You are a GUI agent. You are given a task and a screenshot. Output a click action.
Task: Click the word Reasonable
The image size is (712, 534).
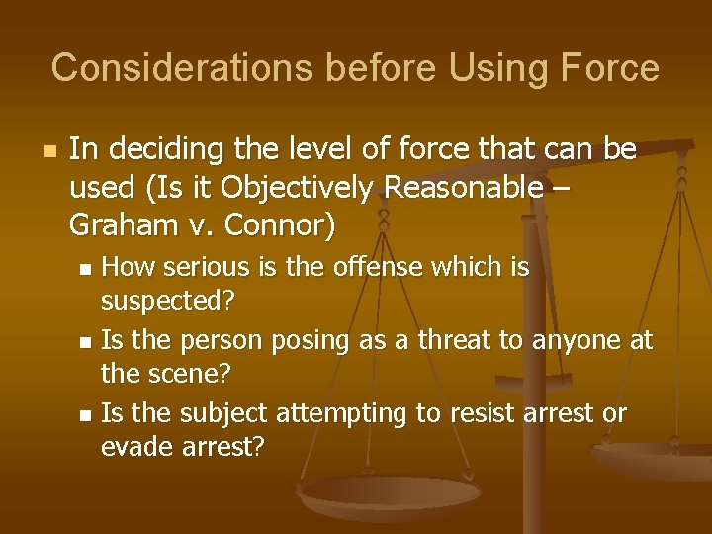pyautogui.click(x=480, y=187)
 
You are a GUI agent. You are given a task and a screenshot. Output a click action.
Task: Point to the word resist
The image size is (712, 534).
pyautogui.click(x=485, y=413)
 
